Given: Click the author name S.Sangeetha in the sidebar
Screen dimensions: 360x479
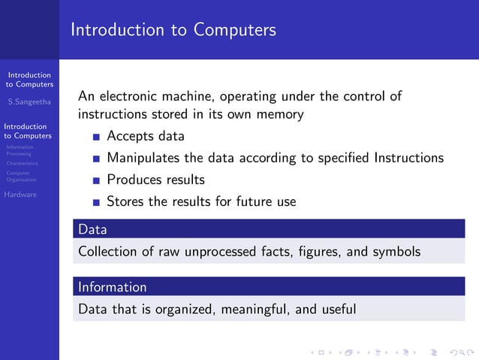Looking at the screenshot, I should coord(29,101).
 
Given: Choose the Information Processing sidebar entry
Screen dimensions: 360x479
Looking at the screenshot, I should coord(19,150).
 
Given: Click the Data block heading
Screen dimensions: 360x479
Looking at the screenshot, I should coord(92,229).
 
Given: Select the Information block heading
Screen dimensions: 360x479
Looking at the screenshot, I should coord(113,287).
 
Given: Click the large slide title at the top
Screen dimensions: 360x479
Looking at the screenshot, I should coord(173,30).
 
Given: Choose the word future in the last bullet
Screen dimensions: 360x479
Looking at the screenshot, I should coord(242,202).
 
